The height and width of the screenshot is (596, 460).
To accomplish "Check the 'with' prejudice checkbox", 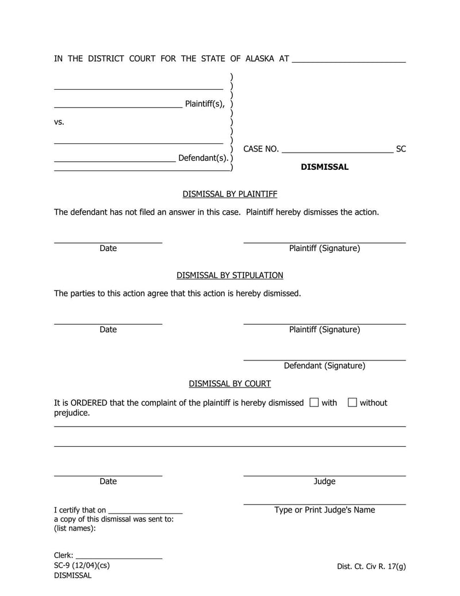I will [x=313, y=403].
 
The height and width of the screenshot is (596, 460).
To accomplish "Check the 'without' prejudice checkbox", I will [x=352, y=403].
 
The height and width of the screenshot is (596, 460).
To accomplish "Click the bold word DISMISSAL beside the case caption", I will [x=324, y=167].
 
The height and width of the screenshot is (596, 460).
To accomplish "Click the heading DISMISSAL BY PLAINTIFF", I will [x=229, y=194].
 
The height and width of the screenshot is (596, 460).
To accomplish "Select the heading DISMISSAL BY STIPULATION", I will [x=229, y=275].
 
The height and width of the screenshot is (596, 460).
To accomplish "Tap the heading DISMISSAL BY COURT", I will [x=229, y=384].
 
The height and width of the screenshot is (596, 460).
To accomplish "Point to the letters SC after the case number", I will [x=401, y=149].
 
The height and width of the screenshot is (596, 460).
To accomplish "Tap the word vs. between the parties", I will [x=59, y=122].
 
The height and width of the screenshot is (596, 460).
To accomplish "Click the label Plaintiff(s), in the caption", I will [x=205, y=104].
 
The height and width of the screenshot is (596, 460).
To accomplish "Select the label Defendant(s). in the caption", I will [x=203, y=158].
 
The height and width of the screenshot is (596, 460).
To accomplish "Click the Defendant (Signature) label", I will [x=324, y=366].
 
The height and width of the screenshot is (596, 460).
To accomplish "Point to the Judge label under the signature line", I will [x=324, y=481].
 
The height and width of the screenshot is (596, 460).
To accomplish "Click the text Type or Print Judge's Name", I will [x=324, y=510].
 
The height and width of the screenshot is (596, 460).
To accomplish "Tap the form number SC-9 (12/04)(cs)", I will [x=82, y=565].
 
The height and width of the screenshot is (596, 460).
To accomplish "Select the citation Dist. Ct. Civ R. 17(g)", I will [x=371, y=566].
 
